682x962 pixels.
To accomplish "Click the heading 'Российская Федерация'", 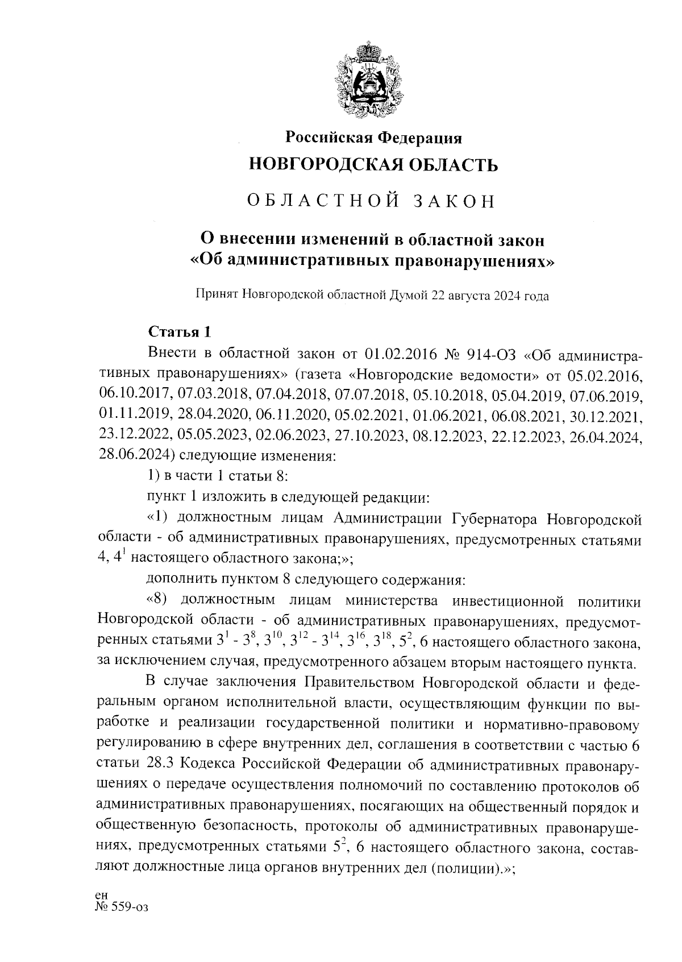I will click(x=373, y=138).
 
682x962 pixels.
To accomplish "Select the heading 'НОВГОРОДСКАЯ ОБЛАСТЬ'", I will click(x=373, y=165).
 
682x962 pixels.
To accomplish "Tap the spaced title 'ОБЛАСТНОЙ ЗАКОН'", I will click(x=373, y=201).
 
